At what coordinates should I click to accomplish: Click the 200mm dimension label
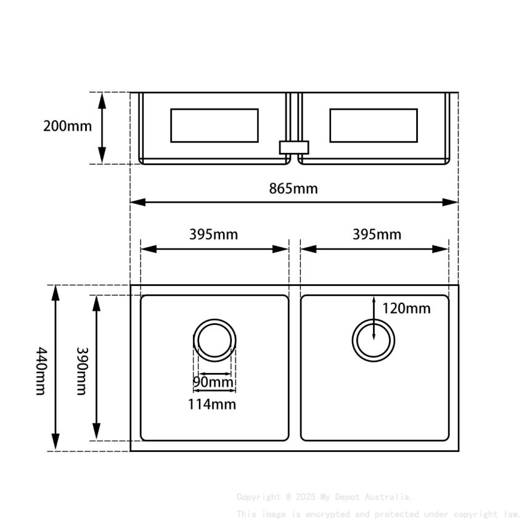[x=67, y=126]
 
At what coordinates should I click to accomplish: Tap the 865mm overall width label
[x=293, y=188]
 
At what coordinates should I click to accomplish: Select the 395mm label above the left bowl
[x=213, y=234]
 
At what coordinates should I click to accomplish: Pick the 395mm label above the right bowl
[x=377, y=234]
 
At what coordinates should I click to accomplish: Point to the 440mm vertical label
[x=41, y=370]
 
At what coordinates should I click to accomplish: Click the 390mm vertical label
[x=81, y=370]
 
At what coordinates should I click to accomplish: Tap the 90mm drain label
[x=214, y=382]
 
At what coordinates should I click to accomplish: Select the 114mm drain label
[x=212, y=404]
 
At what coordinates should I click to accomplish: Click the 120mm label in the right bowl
[x=406, y=308]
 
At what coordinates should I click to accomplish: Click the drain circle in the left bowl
[x=215, y=340]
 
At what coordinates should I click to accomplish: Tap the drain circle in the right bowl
[x=374, y=340]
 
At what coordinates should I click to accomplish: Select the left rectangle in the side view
[x=214, y=125]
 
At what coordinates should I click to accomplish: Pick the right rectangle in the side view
[x=374, y=125]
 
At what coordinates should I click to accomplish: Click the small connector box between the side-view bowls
[x=293, y=147]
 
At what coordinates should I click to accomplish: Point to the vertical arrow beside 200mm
[x=102, y=128]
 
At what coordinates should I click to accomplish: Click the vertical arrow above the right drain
[x=374, y=317]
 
